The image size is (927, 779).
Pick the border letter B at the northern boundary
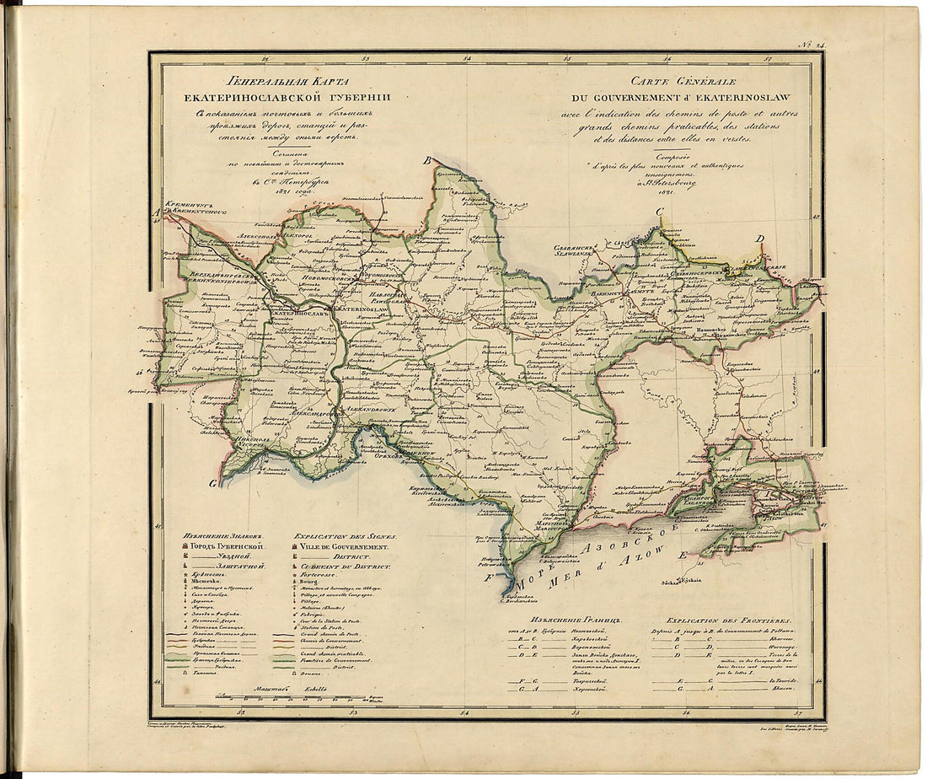tap(427, 160)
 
